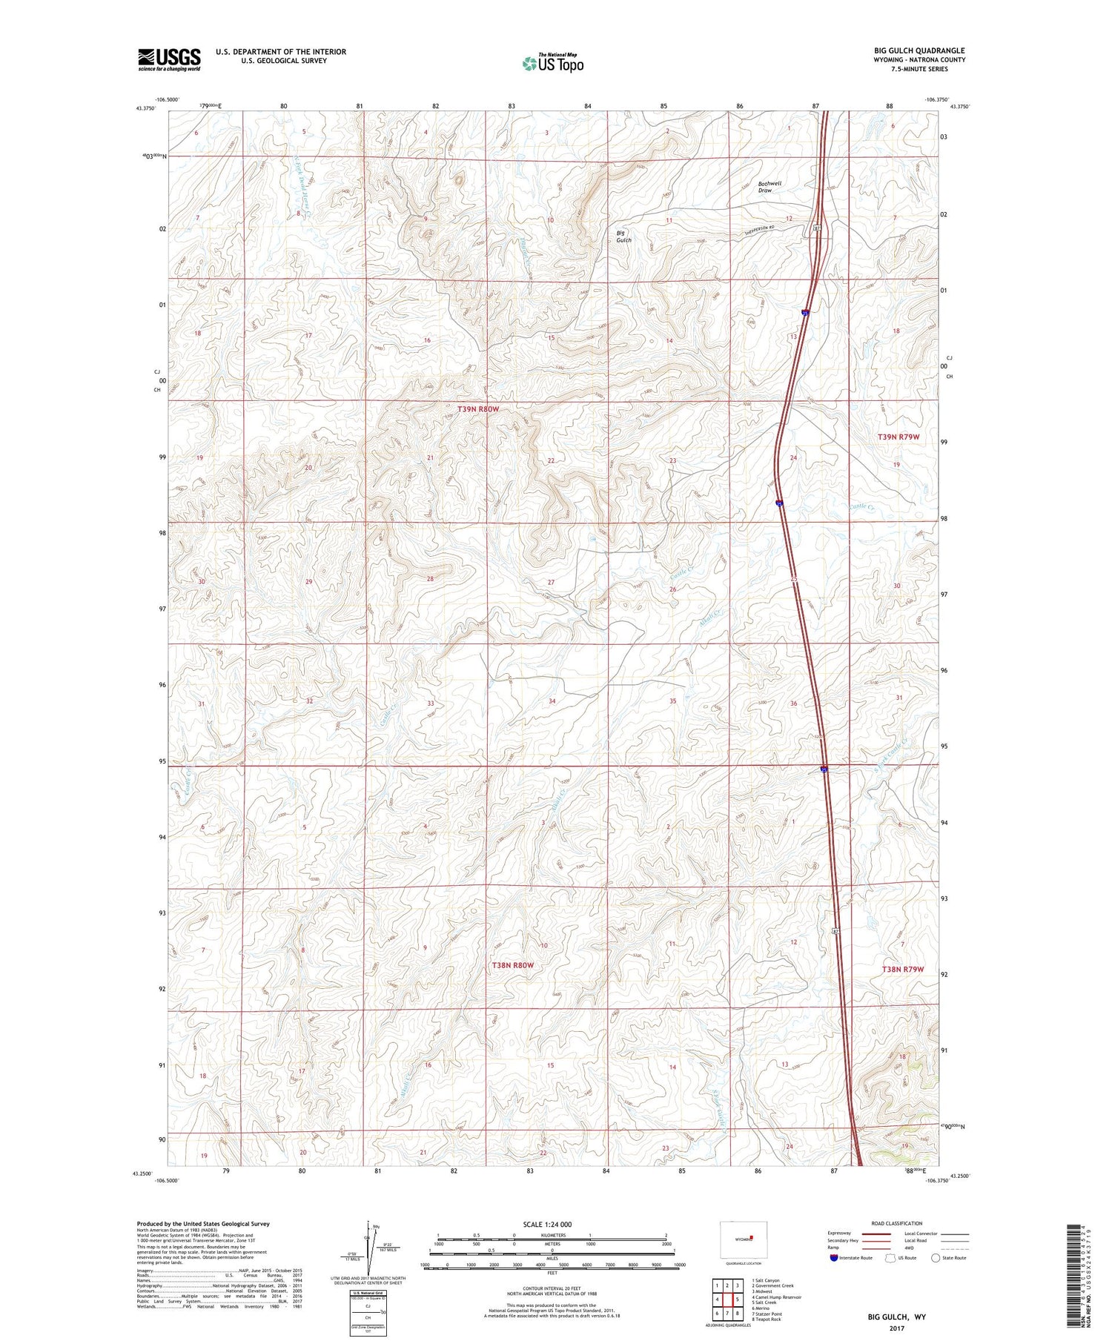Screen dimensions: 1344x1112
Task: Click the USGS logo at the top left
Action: [x=169, y=59]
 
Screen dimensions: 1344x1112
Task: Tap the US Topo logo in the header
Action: [x=552, y=63]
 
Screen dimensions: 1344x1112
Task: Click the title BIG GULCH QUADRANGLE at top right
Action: [x=919, y=51]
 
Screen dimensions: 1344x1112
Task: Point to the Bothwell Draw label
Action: [x=769, y=187]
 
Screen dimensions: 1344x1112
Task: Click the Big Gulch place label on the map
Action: [x=624, y=236]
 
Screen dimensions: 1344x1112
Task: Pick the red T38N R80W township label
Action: [x=512, y=965]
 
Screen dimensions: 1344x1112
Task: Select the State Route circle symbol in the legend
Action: [x=936, y=1257]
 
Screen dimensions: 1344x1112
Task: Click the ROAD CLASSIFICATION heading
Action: [x=896, y=1223]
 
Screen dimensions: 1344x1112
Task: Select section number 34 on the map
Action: [x=552, y=701]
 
